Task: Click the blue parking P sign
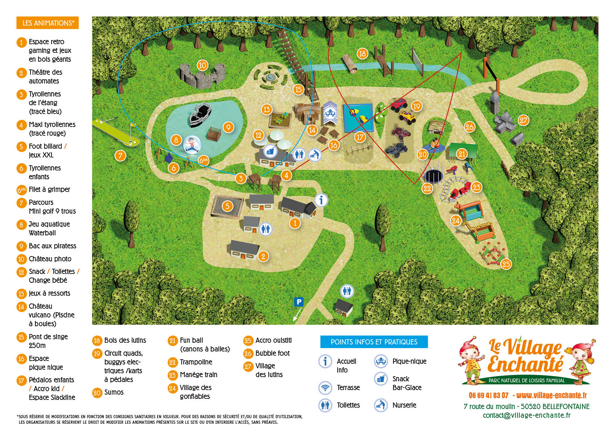[x=299, y=302]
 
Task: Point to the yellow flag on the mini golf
[x=133, y=125]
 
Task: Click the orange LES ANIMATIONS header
[x=48, y=23]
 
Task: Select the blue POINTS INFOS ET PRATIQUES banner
[x=374, y=342]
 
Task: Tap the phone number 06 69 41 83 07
[x=488, y=396]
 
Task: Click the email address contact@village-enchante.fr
[x=526, y=415]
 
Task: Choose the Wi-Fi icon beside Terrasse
[x=325, y=388]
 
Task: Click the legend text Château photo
[x=50, y=259]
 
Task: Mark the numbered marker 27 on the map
[x=523, y=120]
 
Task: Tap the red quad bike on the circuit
[x=399, y=104]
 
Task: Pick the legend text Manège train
[x=198, y=375]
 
